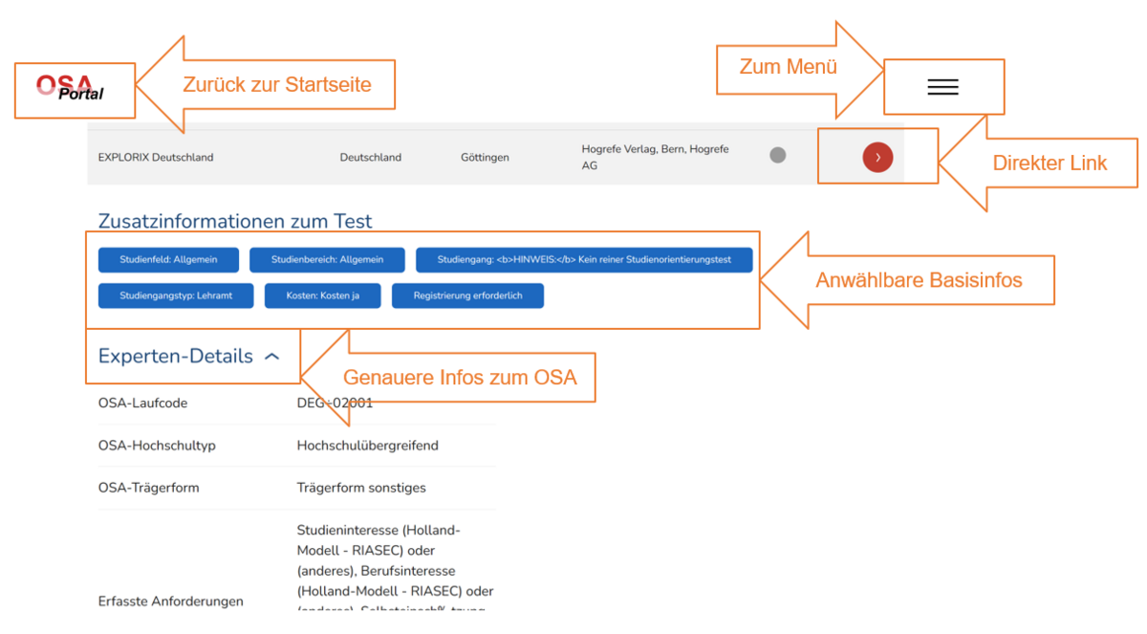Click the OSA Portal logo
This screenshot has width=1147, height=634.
[x=71, y=88]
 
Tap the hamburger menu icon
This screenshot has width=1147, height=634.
[x=942, y=87]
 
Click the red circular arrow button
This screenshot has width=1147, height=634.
[x=877, y=158]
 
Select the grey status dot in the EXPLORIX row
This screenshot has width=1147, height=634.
[x=778, y=155]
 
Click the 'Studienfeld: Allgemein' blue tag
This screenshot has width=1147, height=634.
[x=168, y=260]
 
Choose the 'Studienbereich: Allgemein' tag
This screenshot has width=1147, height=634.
[x=327, y=260]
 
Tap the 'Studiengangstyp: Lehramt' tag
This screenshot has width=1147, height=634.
[x=176, y=296]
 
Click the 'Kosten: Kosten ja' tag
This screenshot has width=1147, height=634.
[x=323, y=296]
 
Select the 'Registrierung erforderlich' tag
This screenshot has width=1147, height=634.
[x=467, y=296]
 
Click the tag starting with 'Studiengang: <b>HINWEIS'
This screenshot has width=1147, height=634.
[x=584, y=260]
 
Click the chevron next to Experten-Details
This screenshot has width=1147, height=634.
[x=272, y=357]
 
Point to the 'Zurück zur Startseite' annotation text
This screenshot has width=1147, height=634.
[x=276, y=84]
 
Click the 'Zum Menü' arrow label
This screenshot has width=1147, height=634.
[x=789, y=67]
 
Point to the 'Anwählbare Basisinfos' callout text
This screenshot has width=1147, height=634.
[x=919, y=280]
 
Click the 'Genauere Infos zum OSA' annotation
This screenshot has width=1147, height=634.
[x=460, y=378]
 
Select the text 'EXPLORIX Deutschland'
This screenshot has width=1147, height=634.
[x=156, y=158]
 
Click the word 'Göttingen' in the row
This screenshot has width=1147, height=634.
[x=485, y=158]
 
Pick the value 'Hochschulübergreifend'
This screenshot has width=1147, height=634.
[x=367, y=446]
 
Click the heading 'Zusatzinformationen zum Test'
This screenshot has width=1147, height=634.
[x=235, y=222]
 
